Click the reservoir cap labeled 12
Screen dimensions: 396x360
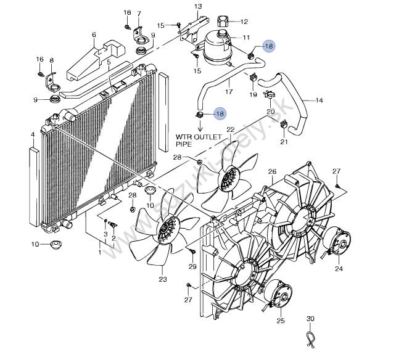(x=223, y=21)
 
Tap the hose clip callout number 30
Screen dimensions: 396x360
(x=310, y=319)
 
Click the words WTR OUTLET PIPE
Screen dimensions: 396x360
(x=199, y=141)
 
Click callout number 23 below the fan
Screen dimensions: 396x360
(x=163, y=279)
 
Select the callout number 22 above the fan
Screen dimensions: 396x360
(x=231, y=129)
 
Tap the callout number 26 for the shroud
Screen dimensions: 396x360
(x=272, y=171)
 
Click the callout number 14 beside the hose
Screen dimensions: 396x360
(x=320, y=100)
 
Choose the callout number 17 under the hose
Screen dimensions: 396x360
(x=229, y=91)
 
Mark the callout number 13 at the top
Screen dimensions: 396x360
(x=198, y=6)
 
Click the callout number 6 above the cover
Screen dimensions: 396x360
(x=94, y=35)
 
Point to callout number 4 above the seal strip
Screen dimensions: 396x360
(x=33, y=135)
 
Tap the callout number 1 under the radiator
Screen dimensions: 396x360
(x=99, y=252)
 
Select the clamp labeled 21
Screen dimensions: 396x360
(x=284, y=124)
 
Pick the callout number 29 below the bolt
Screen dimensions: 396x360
(x=192, y=266)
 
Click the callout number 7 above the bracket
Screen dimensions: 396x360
(x=139, y=14)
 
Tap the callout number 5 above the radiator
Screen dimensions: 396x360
(x=109, y=62)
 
